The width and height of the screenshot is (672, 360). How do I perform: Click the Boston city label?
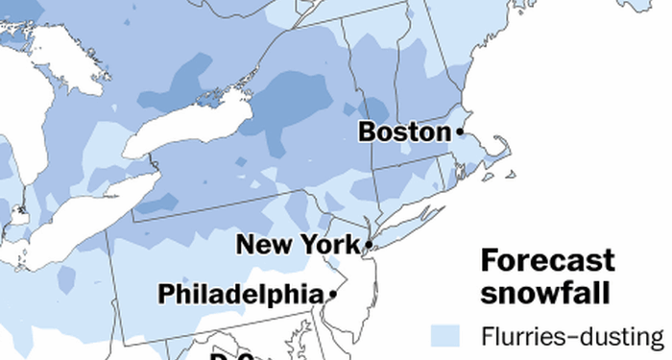pyautogui.click(x=404, y=132)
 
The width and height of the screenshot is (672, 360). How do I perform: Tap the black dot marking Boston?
pyautogui.click(x=461, y=131)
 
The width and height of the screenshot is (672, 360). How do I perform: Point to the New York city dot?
pyautogui.click(x=368, y=246)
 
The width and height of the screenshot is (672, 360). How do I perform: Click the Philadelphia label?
pyautogui.click(x=240, y=293)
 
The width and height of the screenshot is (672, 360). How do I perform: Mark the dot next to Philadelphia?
pyautogui.click(x=332, y=294)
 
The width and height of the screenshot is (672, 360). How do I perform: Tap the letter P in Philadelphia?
pyautogui.click(x=166, y=293)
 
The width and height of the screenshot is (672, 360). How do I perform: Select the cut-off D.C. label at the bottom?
pyautogui.click(x=231, y=354)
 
